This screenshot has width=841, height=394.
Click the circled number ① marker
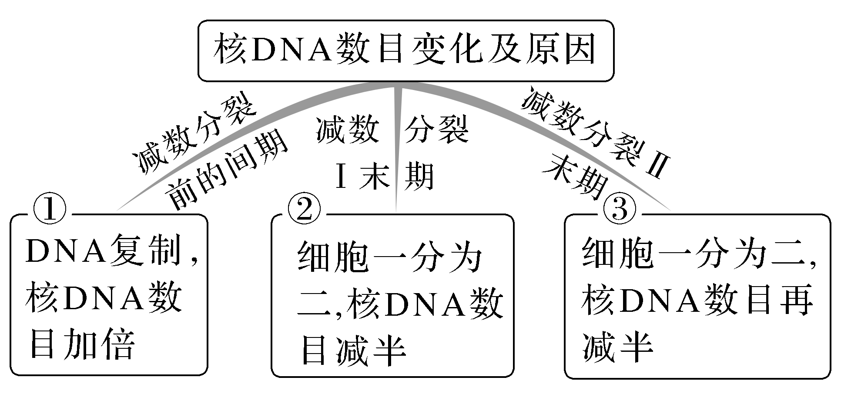tap(50, 210)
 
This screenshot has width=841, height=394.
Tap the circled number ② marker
tap(304, 210)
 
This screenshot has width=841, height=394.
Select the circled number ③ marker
tap(620, 210)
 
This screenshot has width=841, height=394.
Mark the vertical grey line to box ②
tap(396, 148)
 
